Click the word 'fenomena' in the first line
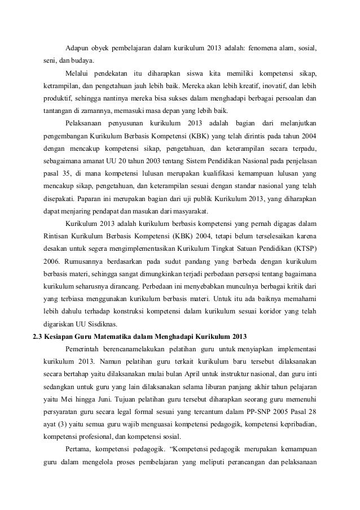(x=260, y=46)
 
